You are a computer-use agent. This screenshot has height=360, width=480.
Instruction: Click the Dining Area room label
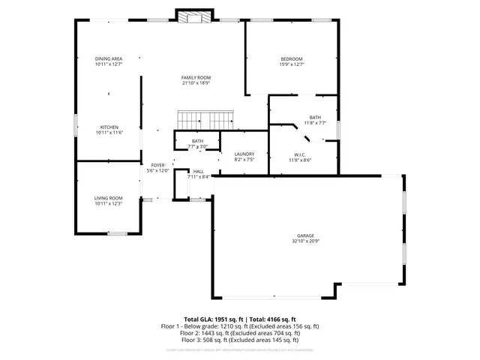point(109,58)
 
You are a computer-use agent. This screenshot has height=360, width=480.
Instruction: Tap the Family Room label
point(196,77)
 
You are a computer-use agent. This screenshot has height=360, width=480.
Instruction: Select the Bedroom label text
point(292,59)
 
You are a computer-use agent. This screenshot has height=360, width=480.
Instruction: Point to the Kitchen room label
point(109,127)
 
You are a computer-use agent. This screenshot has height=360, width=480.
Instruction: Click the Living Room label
point(109,198)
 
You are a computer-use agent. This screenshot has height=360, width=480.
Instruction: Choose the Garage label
point(304,235)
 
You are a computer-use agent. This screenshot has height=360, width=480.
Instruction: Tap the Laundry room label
point(244,154)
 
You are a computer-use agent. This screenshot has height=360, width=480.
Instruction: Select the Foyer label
point(157,165)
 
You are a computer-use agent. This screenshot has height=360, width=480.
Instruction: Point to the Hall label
point(199,171)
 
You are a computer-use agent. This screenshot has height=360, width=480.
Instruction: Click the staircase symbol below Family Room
point(205,119)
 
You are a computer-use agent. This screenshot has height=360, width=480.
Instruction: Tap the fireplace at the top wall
point(195,16)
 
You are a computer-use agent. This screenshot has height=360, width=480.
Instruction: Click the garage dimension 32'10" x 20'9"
point(304,241)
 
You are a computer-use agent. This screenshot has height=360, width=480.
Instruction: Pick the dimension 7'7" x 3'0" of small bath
point(197,146)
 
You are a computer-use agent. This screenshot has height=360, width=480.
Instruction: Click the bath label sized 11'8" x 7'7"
point(315,118)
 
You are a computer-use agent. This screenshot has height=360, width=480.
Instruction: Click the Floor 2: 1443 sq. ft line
point(240,334)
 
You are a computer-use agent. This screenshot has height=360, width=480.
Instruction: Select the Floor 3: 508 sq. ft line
point(240,341)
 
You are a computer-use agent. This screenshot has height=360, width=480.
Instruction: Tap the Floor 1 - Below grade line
point(240,326)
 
